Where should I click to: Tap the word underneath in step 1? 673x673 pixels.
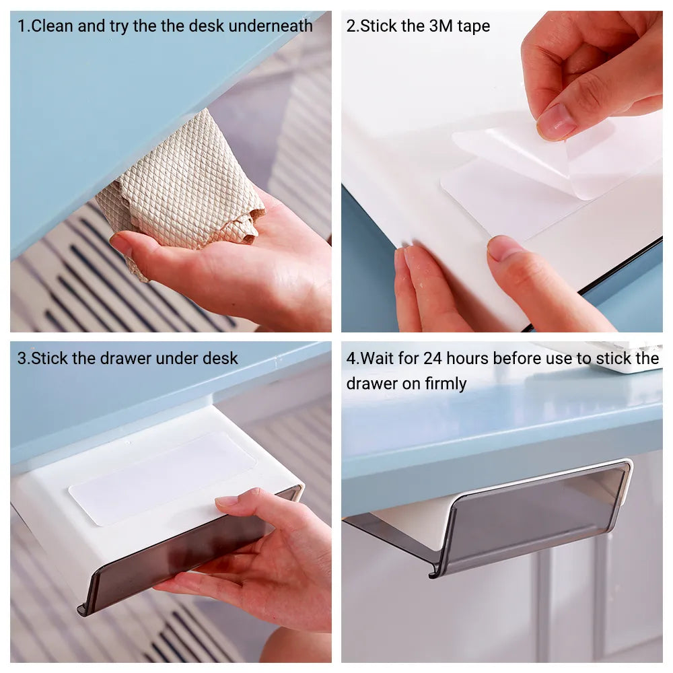click(x=271, y=26)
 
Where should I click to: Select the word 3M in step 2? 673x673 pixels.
click(x=441, y=26)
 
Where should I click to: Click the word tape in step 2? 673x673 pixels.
click(x=473, y=27)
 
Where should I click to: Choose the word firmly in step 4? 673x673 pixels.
click(x=446, y=384)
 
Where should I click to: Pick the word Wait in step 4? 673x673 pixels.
click(x=378, y=359)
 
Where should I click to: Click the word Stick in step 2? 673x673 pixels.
click(x=378, y=26)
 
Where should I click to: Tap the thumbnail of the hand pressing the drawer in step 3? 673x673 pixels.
click(x=227, y=501)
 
